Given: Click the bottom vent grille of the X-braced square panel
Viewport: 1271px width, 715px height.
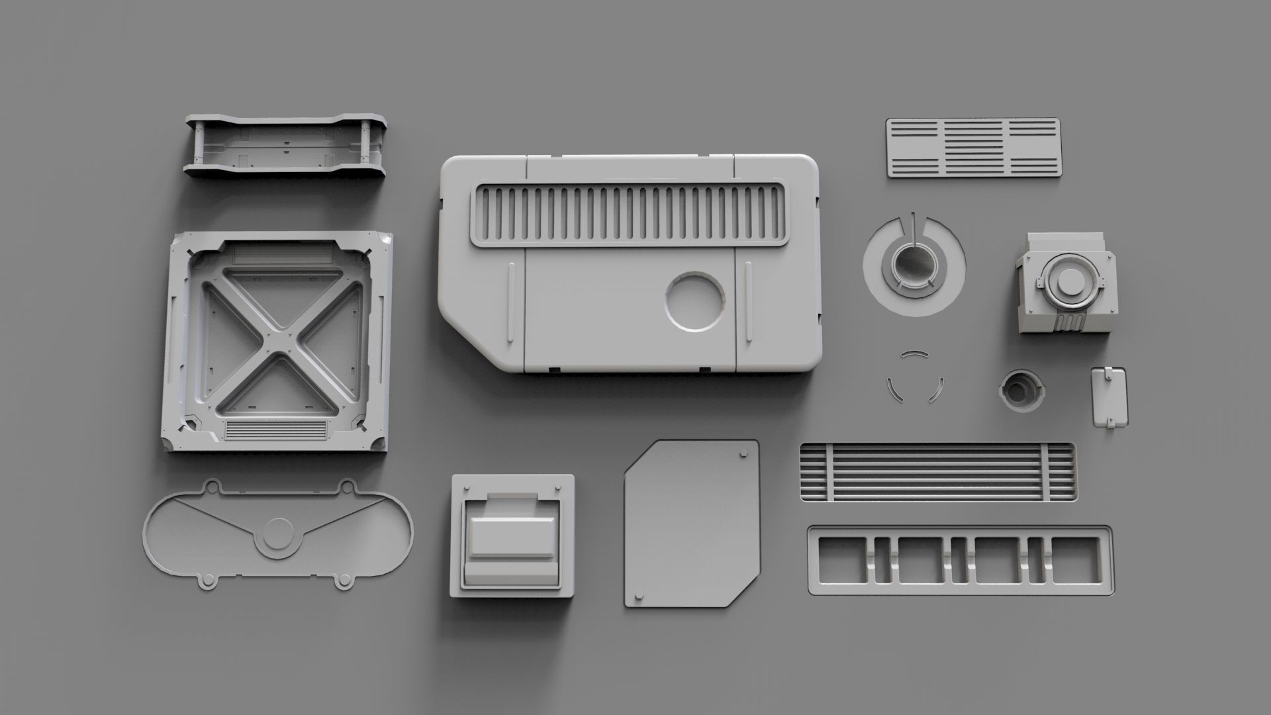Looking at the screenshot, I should (x=276, y=430).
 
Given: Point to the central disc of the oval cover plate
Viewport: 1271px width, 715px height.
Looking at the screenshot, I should (x=278, y=533).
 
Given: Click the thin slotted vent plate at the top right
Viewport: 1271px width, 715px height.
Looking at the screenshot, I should (x=972, y=148).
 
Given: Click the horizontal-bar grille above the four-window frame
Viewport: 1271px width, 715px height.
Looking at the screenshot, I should (x=937, y=472).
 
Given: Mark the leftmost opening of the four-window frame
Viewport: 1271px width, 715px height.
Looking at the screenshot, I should (x=841, y=560).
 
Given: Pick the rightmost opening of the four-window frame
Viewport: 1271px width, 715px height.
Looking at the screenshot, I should (x=1076, y=560).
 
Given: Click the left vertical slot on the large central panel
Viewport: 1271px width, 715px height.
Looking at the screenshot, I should (x=511, y=303).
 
